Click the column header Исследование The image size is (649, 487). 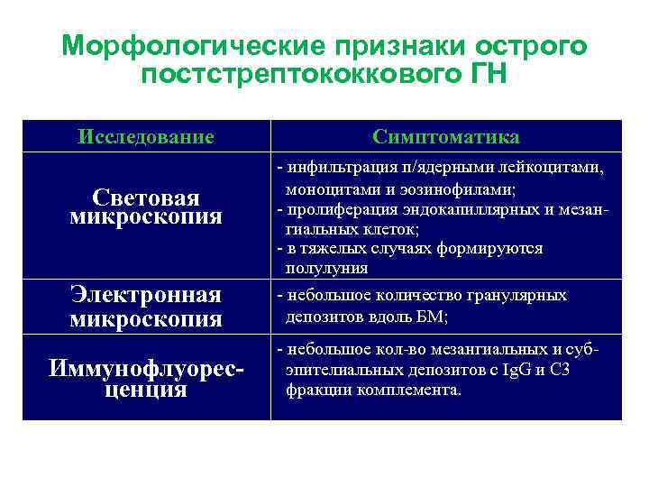[146, 137]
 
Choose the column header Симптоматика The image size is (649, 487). [446, 137]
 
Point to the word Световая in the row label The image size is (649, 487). [146, 198]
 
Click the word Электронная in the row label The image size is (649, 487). [146, 296]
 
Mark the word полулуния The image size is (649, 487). [326, 269]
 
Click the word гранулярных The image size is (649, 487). [522, 296]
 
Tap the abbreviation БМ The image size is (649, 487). [432, 317]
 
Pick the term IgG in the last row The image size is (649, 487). [511, 370]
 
